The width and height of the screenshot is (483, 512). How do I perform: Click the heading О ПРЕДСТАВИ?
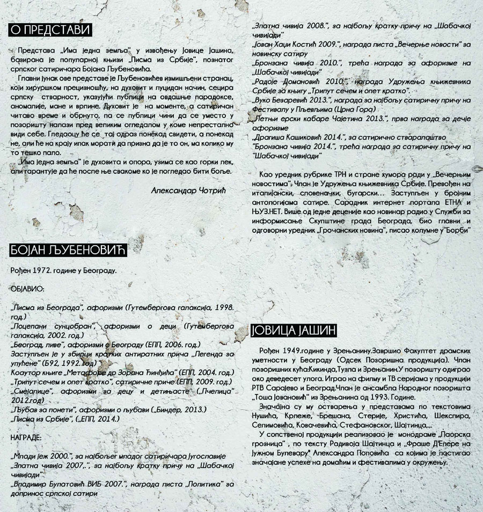pyautogui.click(x=50, y=29)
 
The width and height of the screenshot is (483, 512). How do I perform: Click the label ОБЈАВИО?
pyautogui.click(x=27, y=289)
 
